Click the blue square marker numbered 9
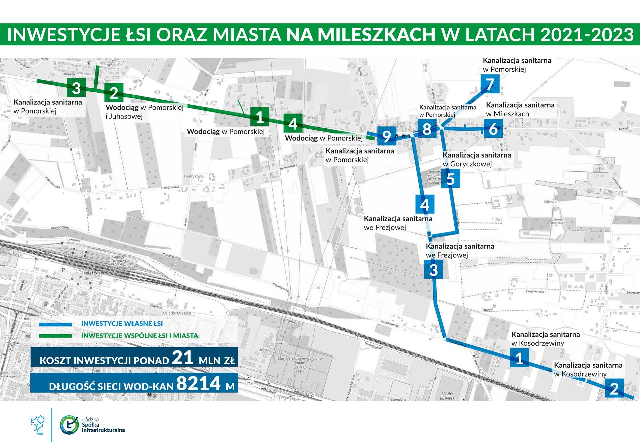387,136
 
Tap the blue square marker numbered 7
490,84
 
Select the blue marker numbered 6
493,129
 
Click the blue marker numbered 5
450,179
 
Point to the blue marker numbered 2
614,388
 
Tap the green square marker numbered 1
260,117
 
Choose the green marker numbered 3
76,88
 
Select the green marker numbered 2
114,92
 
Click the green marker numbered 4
293,123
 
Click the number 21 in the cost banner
183,358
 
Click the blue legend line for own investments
55,324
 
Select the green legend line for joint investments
55,336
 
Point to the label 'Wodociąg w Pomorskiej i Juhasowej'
145,112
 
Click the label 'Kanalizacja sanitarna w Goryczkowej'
477,159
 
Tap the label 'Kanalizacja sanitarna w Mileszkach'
520,109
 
